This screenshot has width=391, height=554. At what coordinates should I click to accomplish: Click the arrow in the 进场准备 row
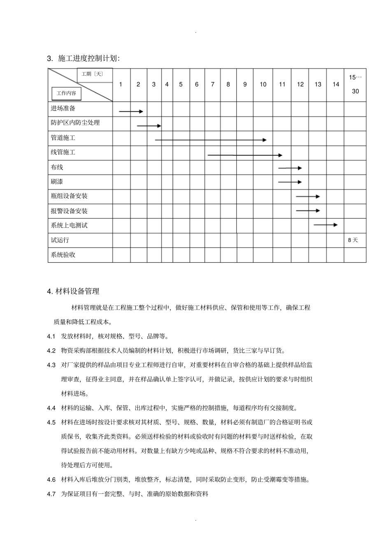point(131,112)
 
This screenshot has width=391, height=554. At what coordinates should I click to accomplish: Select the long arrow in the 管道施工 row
point(211,140)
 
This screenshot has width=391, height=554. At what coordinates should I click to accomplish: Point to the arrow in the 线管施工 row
point(245,155)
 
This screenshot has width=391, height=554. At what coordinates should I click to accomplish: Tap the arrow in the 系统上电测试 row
point(326,225)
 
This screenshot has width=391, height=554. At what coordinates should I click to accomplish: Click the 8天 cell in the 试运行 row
point(353,240)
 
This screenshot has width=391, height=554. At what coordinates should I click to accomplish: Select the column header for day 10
point(263,84)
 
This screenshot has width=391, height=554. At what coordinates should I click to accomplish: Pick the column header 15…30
point(355,84)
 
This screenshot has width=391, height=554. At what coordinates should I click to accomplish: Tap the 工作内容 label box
point(66,94)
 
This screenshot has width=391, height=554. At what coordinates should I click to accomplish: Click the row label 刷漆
point(57,182)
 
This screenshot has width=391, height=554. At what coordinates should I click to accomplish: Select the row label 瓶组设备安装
point(69,196)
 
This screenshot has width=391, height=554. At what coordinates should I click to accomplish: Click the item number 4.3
point(51,365)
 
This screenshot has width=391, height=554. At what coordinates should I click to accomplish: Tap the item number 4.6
point(51,479)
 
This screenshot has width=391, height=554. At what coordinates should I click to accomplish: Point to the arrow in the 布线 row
point(290,168)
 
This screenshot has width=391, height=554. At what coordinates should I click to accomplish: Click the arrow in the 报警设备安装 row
point(308,211)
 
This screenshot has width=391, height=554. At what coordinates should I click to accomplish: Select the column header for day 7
point(212,84)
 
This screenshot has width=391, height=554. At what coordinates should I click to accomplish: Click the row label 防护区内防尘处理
point(75,123)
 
